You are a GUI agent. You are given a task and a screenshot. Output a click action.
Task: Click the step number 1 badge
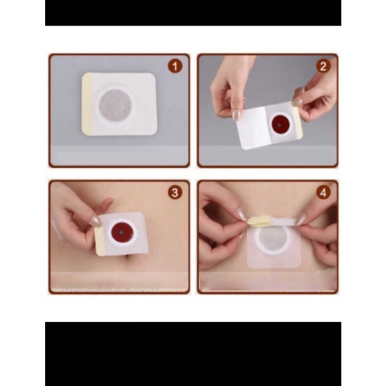pyautogui.click(x=175, y=67)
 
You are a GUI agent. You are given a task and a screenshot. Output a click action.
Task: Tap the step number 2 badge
pyautogui.click(x=323, y=67)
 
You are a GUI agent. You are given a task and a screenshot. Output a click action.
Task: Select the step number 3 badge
pyautogui.click(x=175, y=193)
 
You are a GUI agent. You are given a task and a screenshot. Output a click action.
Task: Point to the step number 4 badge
pyautogui.click(x=323, y=193)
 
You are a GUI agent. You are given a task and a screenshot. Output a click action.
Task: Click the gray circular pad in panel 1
pyautogui.click(x=115, y=105)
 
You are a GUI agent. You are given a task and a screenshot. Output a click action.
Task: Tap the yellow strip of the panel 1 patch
pyautogui.click(x=87, y=104)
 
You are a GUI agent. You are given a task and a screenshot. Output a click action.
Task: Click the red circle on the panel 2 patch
pyautogui.click(x=278, y=124)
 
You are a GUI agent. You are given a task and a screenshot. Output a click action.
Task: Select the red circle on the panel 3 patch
pyautogui.click(x=121, y=232)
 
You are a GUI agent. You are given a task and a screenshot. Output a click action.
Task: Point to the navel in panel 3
pyautogui.click(x=129, y=256)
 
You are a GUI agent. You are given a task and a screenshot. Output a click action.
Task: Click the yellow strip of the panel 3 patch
pyautogui.click(x=100, y=242)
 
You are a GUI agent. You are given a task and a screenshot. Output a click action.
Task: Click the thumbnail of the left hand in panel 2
pyautogui.click(x=236, y=114)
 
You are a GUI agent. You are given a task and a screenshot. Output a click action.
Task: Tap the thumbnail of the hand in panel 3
pyautogui.click(x=96, y=221)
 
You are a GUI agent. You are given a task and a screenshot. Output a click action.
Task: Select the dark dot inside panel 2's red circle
pyautogui.click(x=279, y=125)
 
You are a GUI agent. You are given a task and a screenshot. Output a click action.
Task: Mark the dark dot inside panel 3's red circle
pyautogui.click(x=121, y=233)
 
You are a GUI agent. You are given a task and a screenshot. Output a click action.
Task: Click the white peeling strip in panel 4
pyautogui.click(x=283, y=221)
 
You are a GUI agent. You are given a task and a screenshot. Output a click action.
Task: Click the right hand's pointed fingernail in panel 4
pyautogui.click(x=301, y=219)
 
